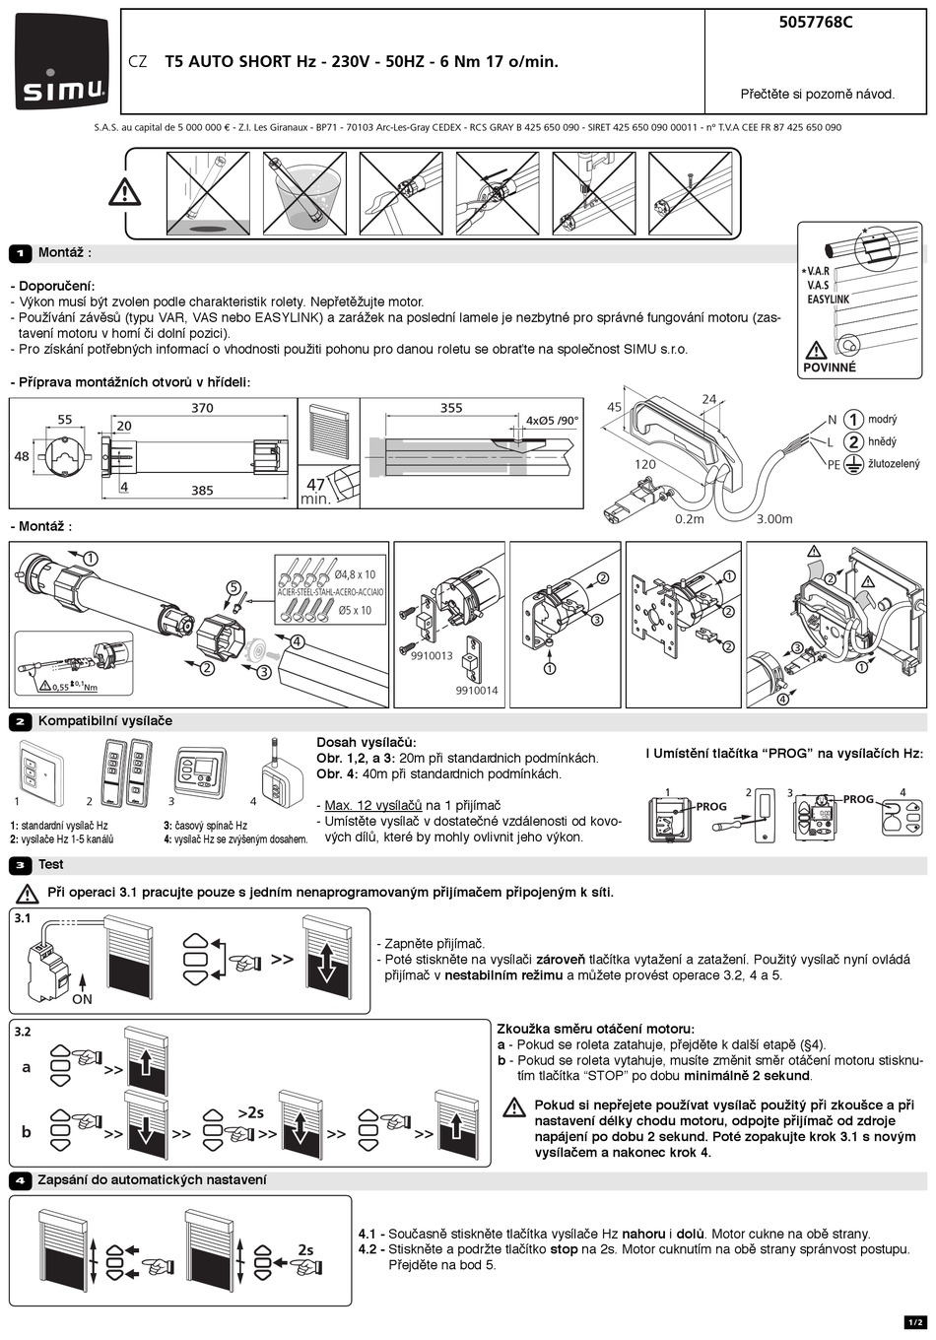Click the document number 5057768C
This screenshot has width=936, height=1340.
(x=815, y=23)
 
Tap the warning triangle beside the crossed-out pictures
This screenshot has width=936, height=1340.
(x=125, y=191)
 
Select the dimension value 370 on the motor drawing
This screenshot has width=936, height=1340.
(x=202, y=408)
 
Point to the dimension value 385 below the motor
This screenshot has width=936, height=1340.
(x=202, y=491)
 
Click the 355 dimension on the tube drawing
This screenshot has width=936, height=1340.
(x=451, y=408)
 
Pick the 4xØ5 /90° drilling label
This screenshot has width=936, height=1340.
(x=552, y=421)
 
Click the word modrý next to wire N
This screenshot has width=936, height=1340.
(x=883, y=420)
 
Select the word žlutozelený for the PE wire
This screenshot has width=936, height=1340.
(x=894, y=463)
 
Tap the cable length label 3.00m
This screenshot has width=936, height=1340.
(x=773, y=519)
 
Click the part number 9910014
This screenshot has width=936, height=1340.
(x=477, y=691)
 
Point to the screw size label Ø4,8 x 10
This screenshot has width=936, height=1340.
(x=355, y=574)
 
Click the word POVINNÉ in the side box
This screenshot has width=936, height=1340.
(x=830, y=368)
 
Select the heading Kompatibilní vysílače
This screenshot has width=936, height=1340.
(x=104, y=721)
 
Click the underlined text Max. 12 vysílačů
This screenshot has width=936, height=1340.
(x=373, y=805)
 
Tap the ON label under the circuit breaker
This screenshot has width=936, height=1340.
(x=82, y=999)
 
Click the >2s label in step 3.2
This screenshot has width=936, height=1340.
(x=250, y=1112)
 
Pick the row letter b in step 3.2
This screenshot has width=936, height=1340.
(x=27, y=1132)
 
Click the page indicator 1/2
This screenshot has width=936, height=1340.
(x=914, y=1321)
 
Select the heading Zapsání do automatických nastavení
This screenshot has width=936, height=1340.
(x=152, y=1180)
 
